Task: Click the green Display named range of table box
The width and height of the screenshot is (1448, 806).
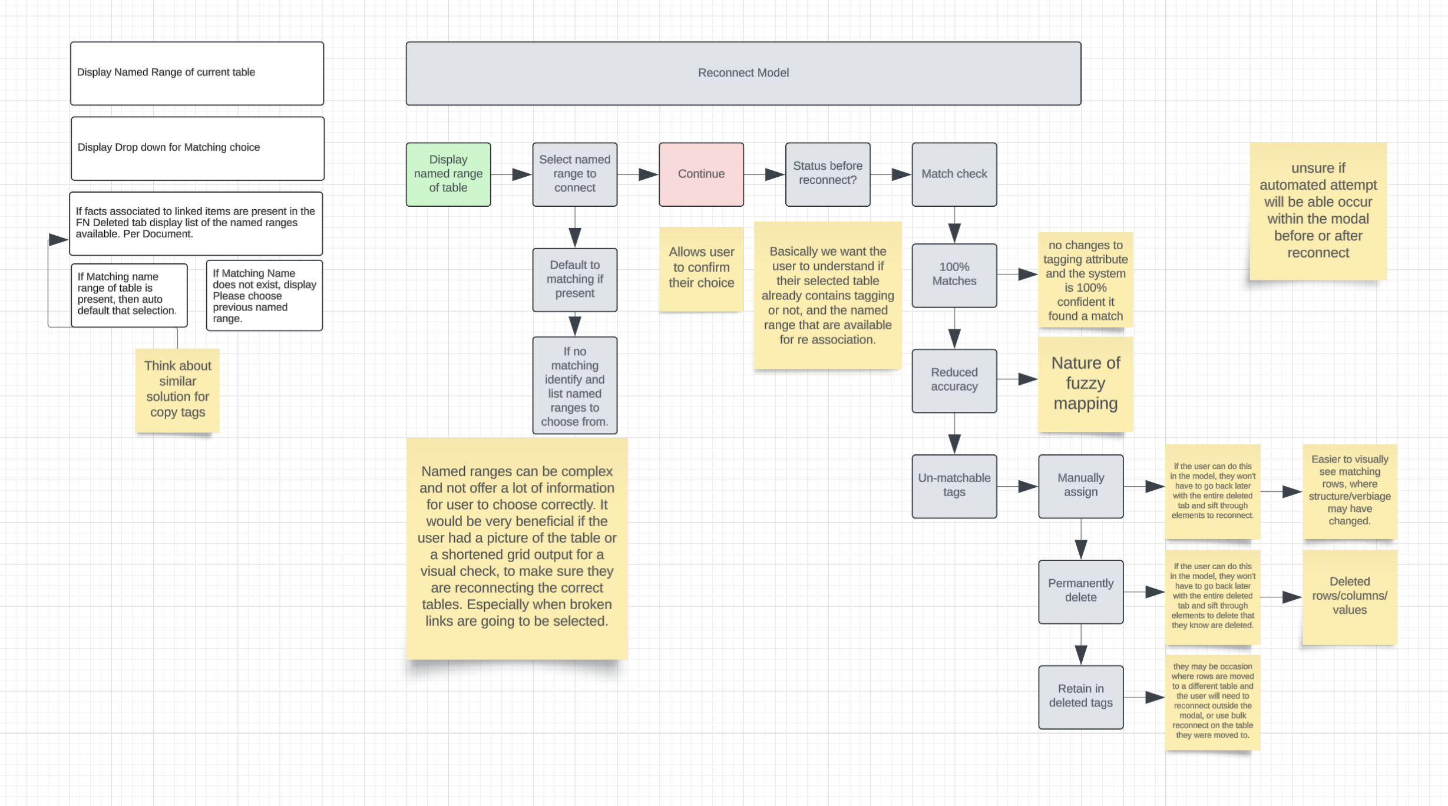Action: [x=448, y=174]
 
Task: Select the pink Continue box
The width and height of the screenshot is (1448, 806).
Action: [x=701, y=174]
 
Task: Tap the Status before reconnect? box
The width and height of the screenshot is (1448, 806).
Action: [x=827, y=174]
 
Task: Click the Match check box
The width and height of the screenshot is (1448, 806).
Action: [x=954, y=174]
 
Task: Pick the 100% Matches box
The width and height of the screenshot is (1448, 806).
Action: [x=954, y=275]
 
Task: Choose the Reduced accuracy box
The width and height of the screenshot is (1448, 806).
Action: [x=954, y=380]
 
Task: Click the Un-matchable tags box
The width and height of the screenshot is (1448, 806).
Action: [x=954, y=485]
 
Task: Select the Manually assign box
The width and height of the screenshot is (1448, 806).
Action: [x=1080, y=485]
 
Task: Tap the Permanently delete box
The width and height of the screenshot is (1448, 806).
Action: [x=1080, y=591]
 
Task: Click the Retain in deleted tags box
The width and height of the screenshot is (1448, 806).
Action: [x=1080, y=696]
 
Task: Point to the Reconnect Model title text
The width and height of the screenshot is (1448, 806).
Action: [x=743, y=73]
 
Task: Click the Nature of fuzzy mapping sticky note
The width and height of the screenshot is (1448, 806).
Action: [x=1085, y=384]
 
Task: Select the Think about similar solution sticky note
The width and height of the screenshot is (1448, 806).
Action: [x=177, y=389]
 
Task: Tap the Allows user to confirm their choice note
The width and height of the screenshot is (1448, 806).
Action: [x=701, y=268]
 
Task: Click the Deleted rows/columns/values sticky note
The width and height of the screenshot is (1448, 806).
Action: [x=1349, y=596]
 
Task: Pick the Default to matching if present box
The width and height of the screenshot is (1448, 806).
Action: [x=574, y=279]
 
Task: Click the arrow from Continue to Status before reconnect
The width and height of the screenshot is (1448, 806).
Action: [x=764, y=174]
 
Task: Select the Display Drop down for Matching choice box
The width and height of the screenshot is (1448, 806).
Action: [x=197, y=148]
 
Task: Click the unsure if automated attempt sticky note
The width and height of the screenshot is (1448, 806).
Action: [x=1318, y=211]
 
